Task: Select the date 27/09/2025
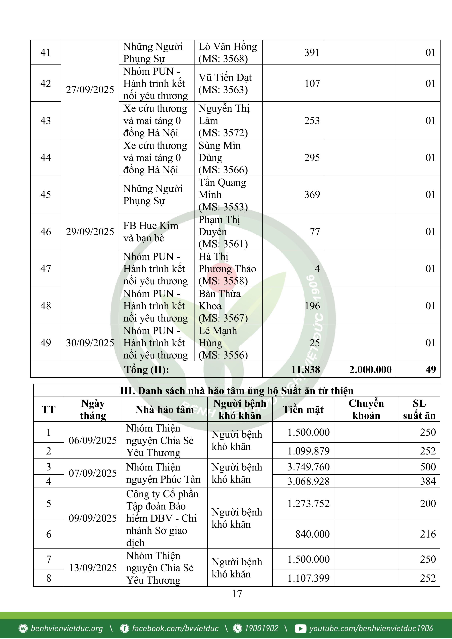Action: [90, 90]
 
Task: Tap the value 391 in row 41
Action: [312, 53]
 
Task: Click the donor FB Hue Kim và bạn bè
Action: [151, 232]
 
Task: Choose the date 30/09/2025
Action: [90, 343]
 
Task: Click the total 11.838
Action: [305, 370]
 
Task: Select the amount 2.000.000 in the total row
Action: [370, 370]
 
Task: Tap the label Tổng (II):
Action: [146, 370]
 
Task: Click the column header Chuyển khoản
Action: [366, 409]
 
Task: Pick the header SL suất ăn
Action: [419, 409]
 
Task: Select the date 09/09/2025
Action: [93, 518]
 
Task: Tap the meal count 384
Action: [428, 481]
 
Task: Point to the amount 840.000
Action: [312, 534]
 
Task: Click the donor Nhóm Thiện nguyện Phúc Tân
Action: [163, 473]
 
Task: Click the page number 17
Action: [237, 594]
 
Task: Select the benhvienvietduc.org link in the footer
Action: [66, 628]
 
